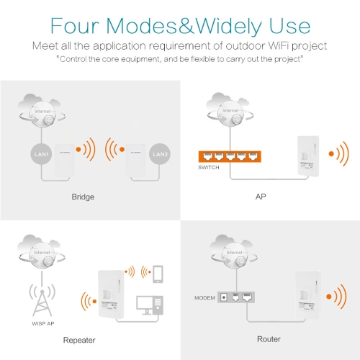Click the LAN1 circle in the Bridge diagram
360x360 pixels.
(x=41, y=154)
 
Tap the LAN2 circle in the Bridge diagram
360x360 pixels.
(x=160, y=154)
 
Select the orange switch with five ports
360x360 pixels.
(x=230, y=156)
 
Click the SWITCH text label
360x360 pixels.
(x=209, y=168)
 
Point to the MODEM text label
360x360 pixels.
(x=204, y=298)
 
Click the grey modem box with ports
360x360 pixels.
(x=236, y=297)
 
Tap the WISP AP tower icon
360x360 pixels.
(x=42, y=300)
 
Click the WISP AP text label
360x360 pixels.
(x=43, y=323)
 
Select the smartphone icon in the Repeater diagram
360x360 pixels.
(x=158, y=274)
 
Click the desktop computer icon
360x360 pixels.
(x=150, y=305)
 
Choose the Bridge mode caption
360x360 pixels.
(x=83, y=197)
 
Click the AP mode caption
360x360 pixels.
(x=261, y=197)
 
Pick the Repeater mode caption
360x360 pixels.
(x=79, y=341)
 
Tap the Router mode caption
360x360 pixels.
(x=269, y=339)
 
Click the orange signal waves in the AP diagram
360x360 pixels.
(x=338, y=154)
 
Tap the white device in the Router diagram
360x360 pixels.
(x=308, y=297)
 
